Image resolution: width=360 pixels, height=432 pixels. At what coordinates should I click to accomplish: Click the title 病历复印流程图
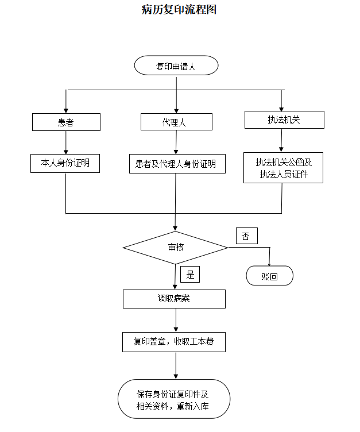click(x=179, y=10)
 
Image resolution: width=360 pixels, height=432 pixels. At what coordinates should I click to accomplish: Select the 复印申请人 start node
click(x=176, y=65)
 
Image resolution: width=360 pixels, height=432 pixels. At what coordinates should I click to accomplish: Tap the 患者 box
click(x=66, y=122)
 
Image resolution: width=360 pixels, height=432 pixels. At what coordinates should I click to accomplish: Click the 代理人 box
click(x=176, y=122)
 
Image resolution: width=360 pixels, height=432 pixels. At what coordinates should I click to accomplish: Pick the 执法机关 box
click(x=284, y=119)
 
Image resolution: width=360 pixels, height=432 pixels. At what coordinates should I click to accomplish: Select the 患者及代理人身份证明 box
click(x=176, y=164)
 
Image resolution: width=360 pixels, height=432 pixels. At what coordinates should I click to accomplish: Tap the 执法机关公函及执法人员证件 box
click(x=283, y=168)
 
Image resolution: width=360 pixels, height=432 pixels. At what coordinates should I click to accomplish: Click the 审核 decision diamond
click(x=176, y=248)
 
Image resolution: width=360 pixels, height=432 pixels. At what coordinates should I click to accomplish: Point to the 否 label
click(x=246, y=236)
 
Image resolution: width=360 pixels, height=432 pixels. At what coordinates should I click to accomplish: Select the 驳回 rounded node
click(x=269, y=276)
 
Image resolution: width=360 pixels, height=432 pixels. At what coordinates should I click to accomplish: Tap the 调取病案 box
click(x=174, y=299)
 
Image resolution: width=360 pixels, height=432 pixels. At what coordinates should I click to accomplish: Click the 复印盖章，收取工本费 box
click(x=174, y=341)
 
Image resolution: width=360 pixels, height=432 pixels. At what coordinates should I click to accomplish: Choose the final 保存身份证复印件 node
click(x=173, y=400)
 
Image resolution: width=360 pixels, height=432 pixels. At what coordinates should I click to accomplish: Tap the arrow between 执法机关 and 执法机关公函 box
click(x=281, y=140)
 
